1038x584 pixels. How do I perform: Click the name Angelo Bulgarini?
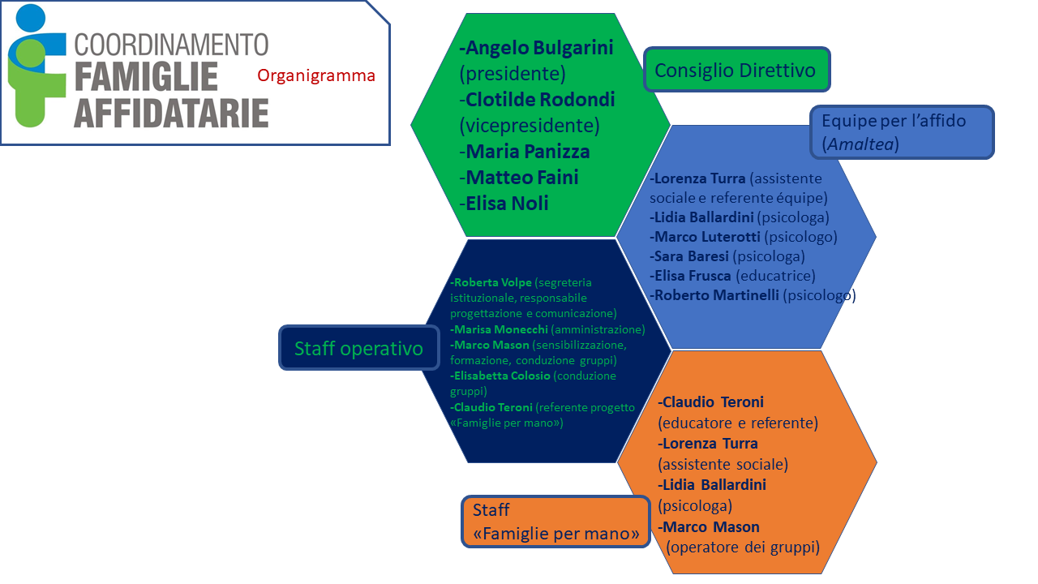click(x=539, y=48)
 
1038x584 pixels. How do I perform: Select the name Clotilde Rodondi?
click(x=540, y=100)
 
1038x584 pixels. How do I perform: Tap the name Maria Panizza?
click(x=527, y=152)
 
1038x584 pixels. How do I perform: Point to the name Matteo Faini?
click(x=521, y=178)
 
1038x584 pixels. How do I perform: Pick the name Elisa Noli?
click(x=507, y=204)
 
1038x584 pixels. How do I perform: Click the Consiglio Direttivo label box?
click(x=737, y=70)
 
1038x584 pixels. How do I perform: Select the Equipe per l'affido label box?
click(x=903, y=132)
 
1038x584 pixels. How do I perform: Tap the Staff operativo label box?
click(x=358, y=348)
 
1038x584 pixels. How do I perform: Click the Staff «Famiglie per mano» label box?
click(x=555, y=522)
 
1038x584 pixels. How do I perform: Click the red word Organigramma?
click(x=316, y=75)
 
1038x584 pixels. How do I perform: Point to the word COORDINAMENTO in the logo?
click(x=171, y=45)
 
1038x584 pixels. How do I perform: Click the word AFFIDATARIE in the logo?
click(x=171, y=113)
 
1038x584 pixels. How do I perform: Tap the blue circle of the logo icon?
click(x=31, y=18)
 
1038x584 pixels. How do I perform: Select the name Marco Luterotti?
click(x=707, y=237)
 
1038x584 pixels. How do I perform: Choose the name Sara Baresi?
click(x=692, y=256)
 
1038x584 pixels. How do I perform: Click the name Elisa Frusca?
click(x=693, y=276)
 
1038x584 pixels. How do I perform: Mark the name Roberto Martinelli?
click(x=716, y=295)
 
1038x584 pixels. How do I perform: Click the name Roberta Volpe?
click(x=492, y=282)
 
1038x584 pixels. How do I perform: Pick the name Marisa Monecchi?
click(x=501, y=329)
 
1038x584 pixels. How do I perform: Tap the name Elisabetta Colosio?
click(x=502, y=376)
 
